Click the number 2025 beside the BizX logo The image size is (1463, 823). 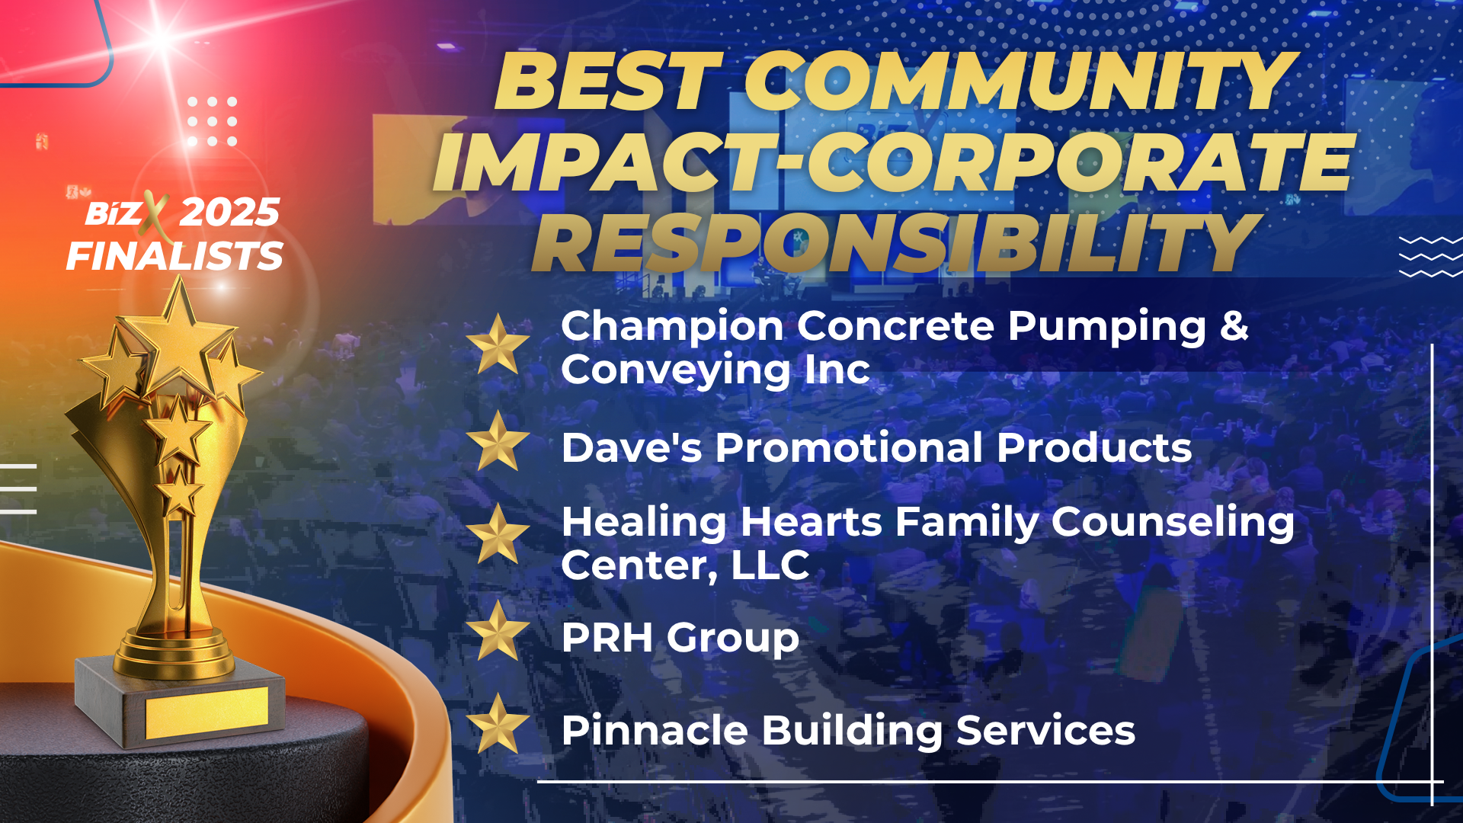click(x=229, y=212)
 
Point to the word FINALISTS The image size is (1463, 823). click(x=174, y=256)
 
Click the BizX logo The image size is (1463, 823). click(x=126, y=213)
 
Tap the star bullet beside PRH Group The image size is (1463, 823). click(x=498, y=631)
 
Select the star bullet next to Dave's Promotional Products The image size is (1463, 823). click(x=498, y=441)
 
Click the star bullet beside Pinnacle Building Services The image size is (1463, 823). click(x=498, y=724)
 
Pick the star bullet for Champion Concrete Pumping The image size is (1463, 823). click(x=498, y=344)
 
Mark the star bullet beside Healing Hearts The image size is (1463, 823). click(x=498, y=534)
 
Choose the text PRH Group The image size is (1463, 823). click(x=680, y=639)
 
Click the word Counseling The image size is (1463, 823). click(x=1173, y=524)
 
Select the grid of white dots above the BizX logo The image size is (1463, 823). click(x=212, y=121)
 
